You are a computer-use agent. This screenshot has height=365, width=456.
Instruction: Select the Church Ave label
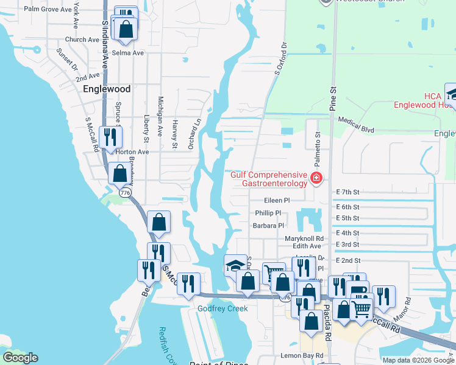click(82, 40)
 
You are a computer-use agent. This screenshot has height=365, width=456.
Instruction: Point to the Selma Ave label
click(127, 53)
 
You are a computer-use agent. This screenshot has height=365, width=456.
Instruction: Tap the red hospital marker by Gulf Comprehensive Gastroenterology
click(316, 178)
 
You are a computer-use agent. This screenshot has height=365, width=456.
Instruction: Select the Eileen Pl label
click(276, 200)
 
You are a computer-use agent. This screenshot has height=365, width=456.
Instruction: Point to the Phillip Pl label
click(268, 213)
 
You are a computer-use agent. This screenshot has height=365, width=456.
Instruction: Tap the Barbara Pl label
click(269, 225)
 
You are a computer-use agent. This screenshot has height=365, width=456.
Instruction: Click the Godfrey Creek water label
click(222, 308)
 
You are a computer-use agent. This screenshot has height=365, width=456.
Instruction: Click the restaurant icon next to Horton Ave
click(110, 136)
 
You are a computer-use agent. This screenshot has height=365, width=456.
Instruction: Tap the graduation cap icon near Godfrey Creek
click(235, 265)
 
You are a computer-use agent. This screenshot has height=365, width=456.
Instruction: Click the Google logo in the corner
click(20, 358)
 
